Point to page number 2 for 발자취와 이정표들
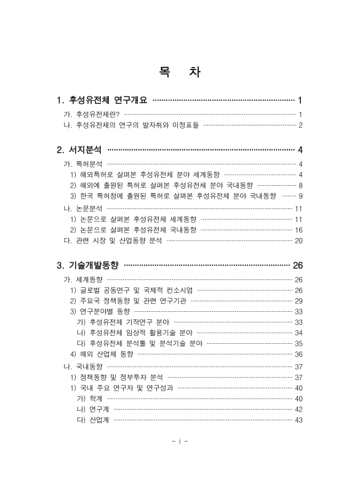[300, 125]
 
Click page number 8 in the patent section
[300, 185]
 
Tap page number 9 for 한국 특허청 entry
[300, 196]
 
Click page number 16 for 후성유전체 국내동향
[298, 230]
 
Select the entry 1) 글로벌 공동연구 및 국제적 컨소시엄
[131, 290]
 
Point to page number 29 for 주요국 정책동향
[298, 301]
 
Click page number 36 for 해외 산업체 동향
[298, 354]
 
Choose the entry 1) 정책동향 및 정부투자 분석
[116, 377]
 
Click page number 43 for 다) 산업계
[298, 421]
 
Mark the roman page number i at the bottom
[180, 441]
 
